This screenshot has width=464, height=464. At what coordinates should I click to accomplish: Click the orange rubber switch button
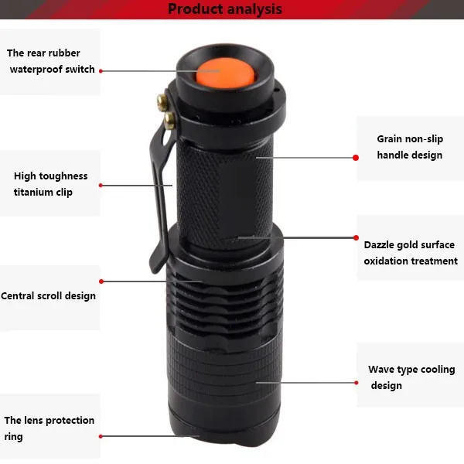tap(225, 73)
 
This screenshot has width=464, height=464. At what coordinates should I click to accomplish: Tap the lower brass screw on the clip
tap(169, 121)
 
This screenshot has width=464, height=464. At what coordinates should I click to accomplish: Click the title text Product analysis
tap(225, 9)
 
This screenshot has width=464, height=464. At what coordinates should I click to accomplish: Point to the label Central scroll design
tap(48, 296)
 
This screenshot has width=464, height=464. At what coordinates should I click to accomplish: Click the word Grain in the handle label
tap(390, 139)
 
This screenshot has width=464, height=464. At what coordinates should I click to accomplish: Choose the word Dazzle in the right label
tap(379, 245)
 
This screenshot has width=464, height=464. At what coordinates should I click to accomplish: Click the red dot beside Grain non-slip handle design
tap(356, 158)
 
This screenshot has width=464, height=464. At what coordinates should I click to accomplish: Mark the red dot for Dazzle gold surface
tap(357, 237)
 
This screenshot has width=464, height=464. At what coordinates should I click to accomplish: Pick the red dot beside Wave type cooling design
tap(357, 383)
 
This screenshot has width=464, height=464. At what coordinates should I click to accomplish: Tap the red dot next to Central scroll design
tap(101, 281)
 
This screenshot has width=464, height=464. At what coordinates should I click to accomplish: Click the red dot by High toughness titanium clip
tap(101, 186)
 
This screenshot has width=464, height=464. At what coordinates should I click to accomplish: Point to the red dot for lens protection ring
tap(101, 436)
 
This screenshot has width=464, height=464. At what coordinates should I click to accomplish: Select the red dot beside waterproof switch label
tap(101, 71)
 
